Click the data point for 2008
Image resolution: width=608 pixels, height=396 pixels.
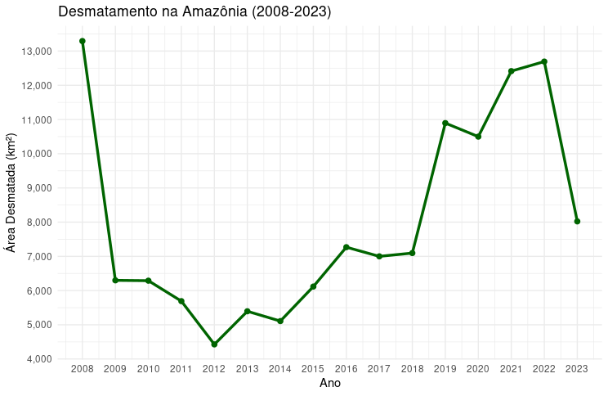[83, 41]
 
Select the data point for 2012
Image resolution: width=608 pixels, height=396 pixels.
[214, 344]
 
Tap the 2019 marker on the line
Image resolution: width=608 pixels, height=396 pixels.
[445, 123]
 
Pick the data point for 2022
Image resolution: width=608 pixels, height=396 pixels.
[544, 61]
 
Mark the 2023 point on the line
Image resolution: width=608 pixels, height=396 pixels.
[577, 221]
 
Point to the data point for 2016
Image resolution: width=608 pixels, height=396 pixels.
[346, 247]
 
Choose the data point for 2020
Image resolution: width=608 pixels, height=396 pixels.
[478, 137]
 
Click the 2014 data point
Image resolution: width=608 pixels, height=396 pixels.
[280, 322]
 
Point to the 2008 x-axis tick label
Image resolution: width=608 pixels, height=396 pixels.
[83, 370]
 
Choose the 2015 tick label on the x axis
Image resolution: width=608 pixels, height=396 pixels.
[313, 370]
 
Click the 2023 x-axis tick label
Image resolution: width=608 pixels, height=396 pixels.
[577, 370]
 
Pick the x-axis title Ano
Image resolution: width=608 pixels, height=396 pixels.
[330, 383]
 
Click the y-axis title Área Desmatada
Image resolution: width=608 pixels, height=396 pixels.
[11, 192]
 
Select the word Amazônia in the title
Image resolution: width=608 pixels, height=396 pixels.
[202, 11]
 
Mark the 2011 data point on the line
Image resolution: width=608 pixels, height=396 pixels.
[181, 301]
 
